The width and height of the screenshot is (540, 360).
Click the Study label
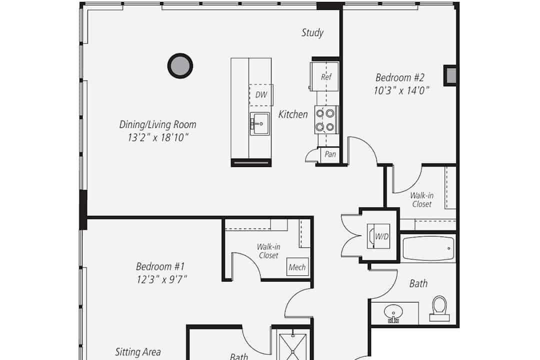[312, 32]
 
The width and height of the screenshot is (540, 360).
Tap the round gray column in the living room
[180, 66]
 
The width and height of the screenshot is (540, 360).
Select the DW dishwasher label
[261, 94]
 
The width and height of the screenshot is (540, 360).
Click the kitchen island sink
[259, 123]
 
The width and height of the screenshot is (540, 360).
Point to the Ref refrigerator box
[324, 76]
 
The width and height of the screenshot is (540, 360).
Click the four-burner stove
[326, 120]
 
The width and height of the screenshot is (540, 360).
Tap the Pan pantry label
[330, 154]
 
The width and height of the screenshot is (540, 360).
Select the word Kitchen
[293, 114]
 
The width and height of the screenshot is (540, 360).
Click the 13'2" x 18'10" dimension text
[158, 138]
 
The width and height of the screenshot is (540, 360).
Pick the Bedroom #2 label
[400, 77]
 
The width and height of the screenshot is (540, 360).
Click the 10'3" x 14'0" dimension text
[401, 90]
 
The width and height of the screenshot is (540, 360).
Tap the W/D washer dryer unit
[378, 236]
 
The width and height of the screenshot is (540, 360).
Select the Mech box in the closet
[297, 267]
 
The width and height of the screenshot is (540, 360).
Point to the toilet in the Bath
[439, 308]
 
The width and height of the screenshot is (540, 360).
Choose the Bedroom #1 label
[160, 266]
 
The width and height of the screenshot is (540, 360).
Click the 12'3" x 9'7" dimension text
[162, 279]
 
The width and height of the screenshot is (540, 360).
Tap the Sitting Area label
[138, 352]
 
